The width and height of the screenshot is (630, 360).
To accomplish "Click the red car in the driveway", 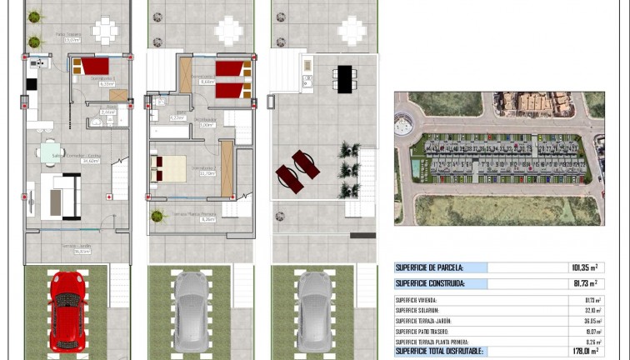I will coord(67,309).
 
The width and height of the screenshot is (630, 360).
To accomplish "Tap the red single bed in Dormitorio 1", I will coord(95,67).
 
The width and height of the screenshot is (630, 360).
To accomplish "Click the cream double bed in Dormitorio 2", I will coord(172,168).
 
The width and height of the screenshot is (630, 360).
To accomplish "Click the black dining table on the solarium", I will coord(344,79).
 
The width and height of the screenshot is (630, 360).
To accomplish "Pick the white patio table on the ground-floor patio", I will coord(106,32).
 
